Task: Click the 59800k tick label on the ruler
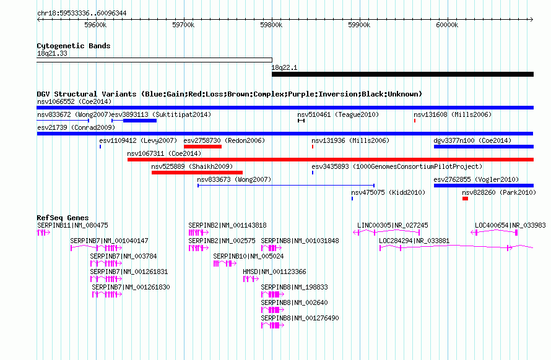coord(271,25)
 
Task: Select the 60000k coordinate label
coord(447,25)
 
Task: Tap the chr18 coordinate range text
coord(82,14)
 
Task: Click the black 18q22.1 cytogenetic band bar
coord(402,74)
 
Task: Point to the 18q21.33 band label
coord(52,53)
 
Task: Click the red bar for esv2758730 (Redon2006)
coord(203,147)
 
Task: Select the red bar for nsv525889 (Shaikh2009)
coord(197,173)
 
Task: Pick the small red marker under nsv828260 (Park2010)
coord(466,199)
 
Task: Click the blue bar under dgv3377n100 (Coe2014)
coord(484,147)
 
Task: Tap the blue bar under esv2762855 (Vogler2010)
coord(484,186)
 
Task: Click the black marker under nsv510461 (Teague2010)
coord(301,121)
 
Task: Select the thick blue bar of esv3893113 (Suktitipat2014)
coord(140,121)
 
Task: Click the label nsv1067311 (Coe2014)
coord(164,153)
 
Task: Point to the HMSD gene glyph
coord(251,279)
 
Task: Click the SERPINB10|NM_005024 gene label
coord(248,256)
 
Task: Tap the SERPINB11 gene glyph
coord(43,233)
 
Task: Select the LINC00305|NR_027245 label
coord(393,226)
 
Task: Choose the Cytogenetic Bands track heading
coord(74,46)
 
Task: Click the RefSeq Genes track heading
coord(63,218)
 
